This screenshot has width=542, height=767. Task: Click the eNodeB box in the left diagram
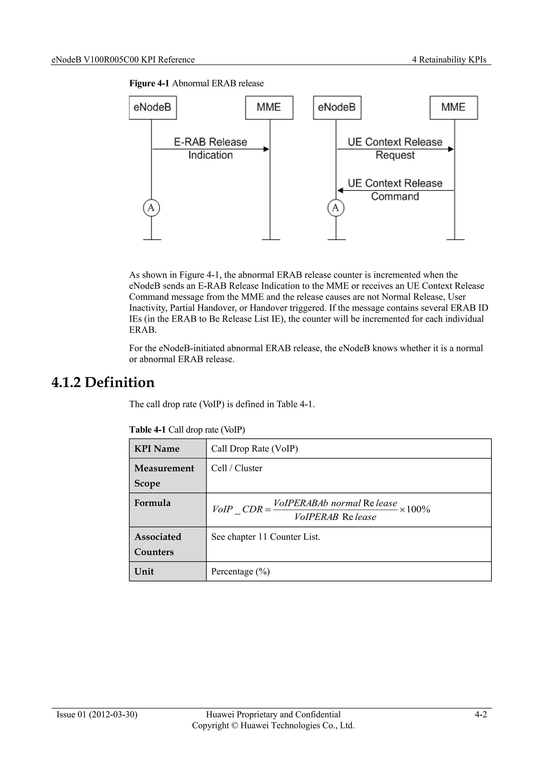(x=152, y=108)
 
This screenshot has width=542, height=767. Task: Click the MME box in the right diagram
(x=454, y=108)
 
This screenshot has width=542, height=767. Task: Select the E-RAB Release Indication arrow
(x=210, y=149)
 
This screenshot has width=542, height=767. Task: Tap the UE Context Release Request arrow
(x=395, y=149)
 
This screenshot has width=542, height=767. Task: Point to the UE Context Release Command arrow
(x=395, y=190)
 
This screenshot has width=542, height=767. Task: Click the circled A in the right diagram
(x=336, y=208)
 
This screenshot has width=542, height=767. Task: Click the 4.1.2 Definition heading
(x=103, y=382)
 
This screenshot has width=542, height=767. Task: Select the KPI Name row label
(x=157, y=449)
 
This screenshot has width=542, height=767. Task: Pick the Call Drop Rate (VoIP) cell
(x=254, y=449)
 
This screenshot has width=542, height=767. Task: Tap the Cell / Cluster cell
(x=237, y=468)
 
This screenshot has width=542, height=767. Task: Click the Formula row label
(x=152, y=503)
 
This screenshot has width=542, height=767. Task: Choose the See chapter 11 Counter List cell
(x=265, y=537)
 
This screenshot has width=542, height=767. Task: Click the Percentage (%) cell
(x=240, y=572)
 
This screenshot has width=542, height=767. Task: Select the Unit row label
(x=144, y=572)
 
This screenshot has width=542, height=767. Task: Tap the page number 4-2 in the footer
(x=481, y=714)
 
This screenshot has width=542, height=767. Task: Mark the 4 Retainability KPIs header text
(x=449, y=60)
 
